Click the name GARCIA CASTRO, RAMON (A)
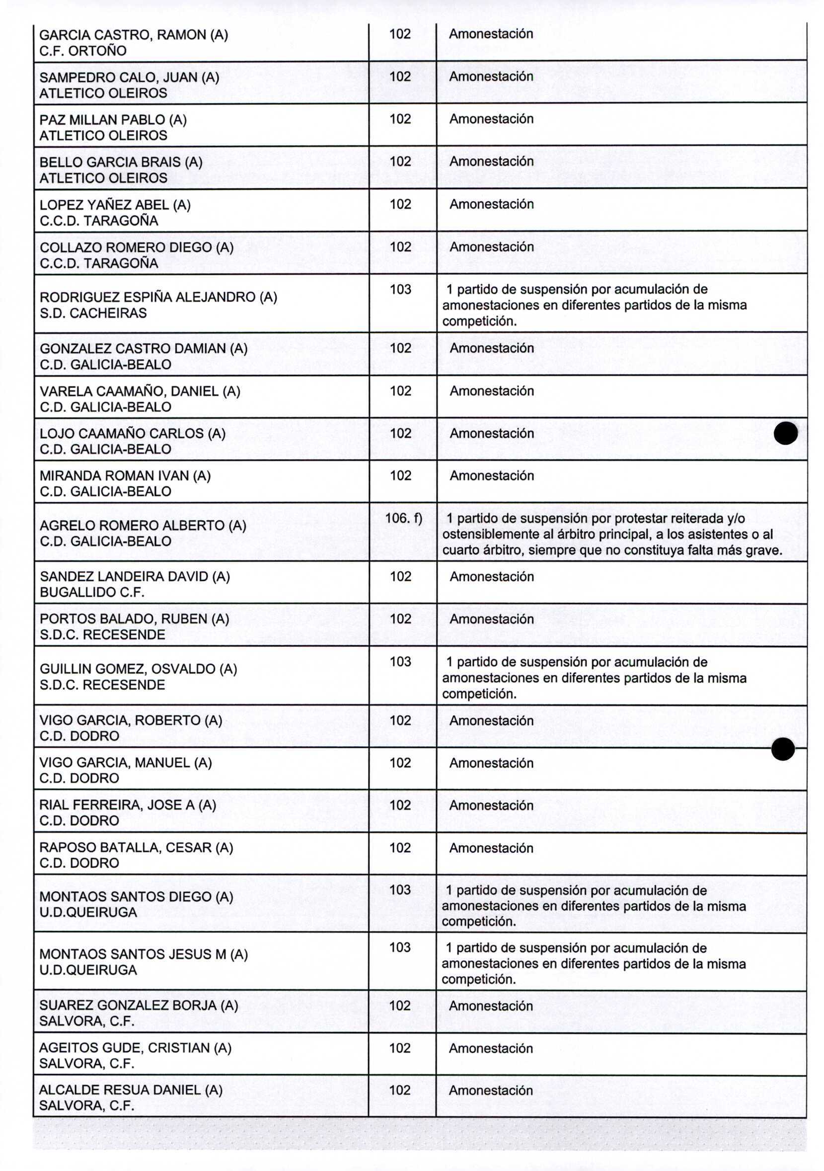click(134, 35)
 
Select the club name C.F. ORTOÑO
click(82, 51)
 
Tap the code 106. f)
click(403, 518)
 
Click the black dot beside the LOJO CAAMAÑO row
click(785, 433)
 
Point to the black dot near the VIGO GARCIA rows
click(783, 749)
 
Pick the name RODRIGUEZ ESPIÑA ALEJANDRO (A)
click(158, 297)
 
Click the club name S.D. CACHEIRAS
click(93, 312)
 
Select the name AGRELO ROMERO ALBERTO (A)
click(143, 525)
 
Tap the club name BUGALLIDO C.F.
click(92, 592)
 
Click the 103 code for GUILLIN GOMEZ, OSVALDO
click(400, 661)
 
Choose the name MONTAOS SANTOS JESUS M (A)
click(143, 954)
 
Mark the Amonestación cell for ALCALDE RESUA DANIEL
click(491, 1090)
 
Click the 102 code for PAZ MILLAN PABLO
click(400, 119)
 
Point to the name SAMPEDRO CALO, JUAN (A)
click(129, 77)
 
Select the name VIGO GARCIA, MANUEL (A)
click(126, 763)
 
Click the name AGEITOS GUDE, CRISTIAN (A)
click(135, 1048)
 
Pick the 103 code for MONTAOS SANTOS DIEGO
click(400, 889)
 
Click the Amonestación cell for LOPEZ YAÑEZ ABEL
click(491, 204)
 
